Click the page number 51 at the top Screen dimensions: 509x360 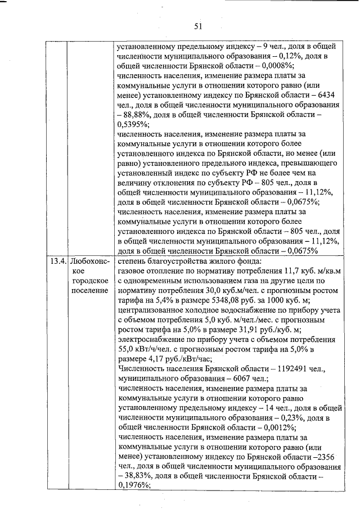click(197, 26)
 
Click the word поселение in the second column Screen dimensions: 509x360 click(90, 290)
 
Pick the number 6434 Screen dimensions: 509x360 click(328, 95)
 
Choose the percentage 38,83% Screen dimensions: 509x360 click(138, 477)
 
